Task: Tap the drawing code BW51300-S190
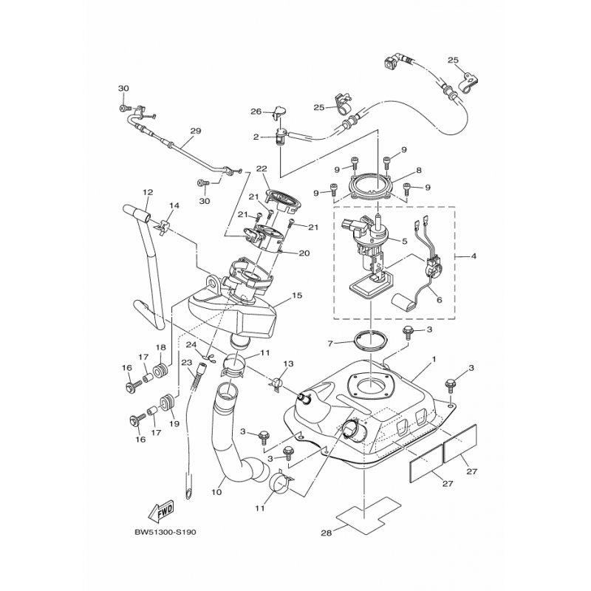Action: (165, 532)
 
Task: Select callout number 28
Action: (327, 533)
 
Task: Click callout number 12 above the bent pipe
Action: (148, 192)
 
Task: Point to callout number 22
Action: (262, 168)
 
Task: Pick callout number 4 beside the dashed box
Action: (474, 256)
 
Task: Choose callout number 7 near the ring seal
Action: (330, 344)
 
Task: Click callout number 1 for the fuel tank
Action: (434, 359)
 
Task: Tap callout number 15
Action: (297, 295)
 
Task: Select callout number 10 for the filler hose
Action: (216, 492)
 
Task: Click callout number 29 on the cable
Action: (196, 131)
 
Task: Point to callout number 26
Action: (256, 112)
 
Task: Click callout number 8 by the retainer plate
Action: (419, 171)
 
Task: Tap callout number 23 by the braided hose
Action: (187, 363)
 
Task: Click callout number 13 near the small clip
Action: (288, 363)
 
